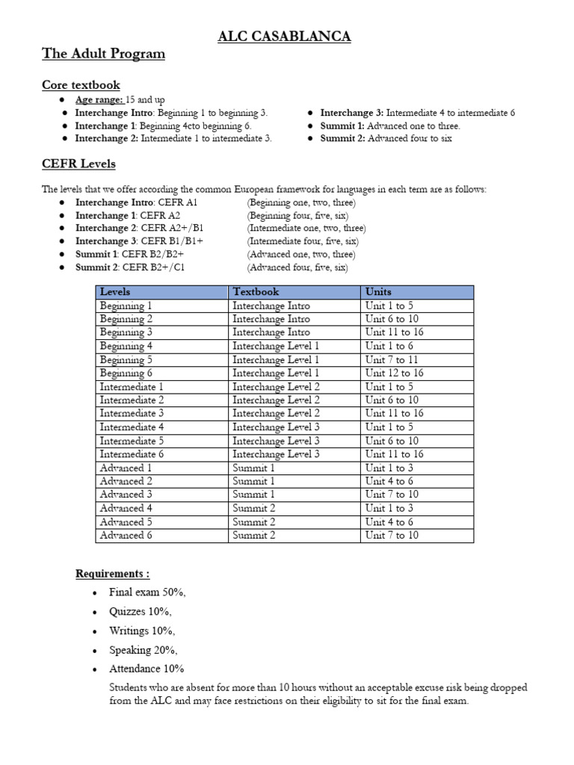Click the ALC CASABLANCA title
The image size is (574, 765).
(x=284, y=37)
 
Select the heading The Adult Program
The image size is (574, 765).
(x=103, y=54)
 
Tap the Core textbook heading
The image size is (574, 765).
(x=81, y=85)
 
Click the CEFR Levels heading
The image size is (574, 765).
(x=78, y=164)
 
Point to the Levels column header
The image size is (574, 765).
(x=115, y=292)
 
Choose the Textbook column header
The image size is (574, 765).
(x=256, y=292)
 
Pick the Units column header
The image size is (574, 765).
(x=378, y=292)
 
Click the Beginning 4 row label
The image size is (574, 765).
(x=126, y=346)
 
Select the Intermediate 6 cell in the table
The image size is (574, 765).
(x=132, y=454)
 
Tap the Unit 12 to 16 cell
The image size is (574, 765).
(x=394, y=373)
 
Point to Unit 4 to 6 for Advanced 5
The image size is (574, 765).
(x=389, y=521)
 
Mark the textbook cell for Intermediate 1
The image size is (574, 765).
(x=276, y=387)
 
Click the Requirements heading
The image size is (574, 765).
(x=112, y=574)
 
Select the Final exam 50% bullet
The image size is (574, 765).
(x=147, y=592)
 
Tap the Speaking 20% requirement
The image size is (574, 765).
(x=143, y=650)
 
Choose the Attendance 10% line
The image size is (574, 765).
(x=146, y=669)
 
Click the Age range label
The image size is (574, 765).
(x=99, y=99)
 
